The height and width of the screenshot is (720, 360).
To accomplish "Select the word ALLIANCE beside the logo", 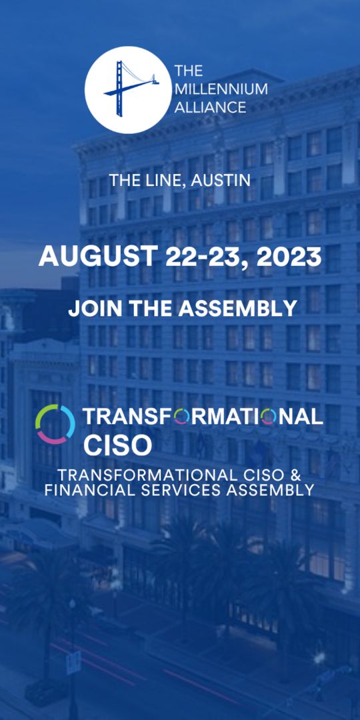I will pyautogui.click(x=210, y=107).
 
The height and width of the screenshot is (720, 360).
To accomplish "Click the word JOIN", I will pyautogui.click(x=92, y=308).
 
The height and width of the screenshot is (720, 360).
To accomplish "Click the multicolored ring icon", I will pyautogui.click(x=55, y=424).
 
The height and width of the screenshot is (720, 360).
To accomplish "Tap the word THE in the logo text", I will pyautogui.click(x=189, y=71).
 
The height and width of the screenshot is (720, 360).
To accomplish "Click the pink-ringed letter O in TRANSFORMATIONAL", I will pyautogui.click(x=269, y=417).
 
